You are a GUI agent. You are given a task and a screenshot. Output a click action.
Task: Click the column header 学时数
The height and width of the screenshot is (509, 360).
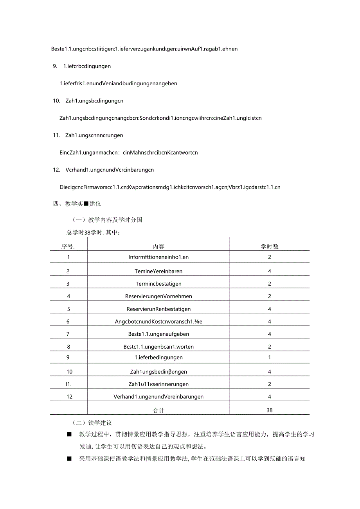tap(270, 246)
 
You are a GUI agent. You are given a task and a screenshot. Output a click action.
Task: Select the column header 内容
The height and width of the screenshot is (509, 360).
tap(159, 246)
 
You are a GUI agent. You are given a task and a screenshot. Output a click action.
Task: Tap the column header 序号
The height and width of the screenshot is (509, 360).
tap(68, 246)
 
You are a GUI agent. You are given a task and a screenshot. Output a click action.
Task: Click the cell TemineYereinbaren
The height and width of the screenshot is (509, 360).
tap(158, 271)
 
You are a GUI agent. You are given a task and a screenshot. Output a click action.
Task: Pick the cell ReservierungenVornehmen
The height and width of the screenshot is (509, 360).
tap(158, 296)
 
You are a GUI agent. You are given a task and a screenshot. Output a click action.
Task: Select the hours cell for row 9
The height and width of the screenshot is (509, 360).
tap(270, 357)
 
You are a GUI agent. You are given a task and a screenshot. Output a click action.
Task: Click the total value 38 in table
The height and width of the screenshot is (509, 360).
tap(270, 410)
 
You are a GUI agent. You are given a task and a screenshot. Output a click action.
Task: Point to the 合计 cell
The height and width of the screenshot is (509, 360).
tap(158, 410)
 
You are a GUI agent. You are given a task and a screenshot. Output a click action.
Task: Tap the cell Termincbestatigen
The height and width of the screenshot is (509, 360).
tap(158, 284)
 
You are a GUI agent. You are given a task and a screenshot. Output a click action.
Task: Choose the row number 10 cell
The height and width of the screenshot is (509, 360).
tap(69, 372)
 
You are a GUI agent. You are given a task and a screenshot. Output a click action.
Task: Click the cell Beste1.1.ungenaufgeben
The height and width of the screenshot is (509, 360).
tap(158, 334)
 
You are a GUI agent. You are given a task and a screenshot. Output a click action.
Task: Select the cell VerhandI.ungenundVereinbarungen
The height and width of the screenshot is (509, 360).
tap(158, 397)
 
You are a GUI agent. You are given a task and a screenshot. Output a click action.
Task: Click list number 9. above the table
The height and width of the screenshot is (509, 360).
tap(55, 66)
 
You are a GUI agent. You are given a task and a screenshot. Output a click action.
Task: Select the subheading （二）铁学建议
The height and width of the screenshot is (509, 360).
tap(92, 423)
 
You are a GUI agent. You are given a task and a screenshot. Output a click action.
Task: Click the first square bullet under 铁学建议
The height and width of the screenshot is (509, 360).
tap(69, 435)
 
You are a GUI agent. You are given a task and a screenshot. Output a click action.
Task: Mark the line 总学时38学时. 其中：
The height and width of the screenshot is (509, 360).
tap(94, 232)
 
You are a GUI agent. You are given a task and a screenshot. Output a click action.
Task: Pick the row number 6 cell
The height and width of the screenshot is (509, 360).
tap(68, 322)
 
